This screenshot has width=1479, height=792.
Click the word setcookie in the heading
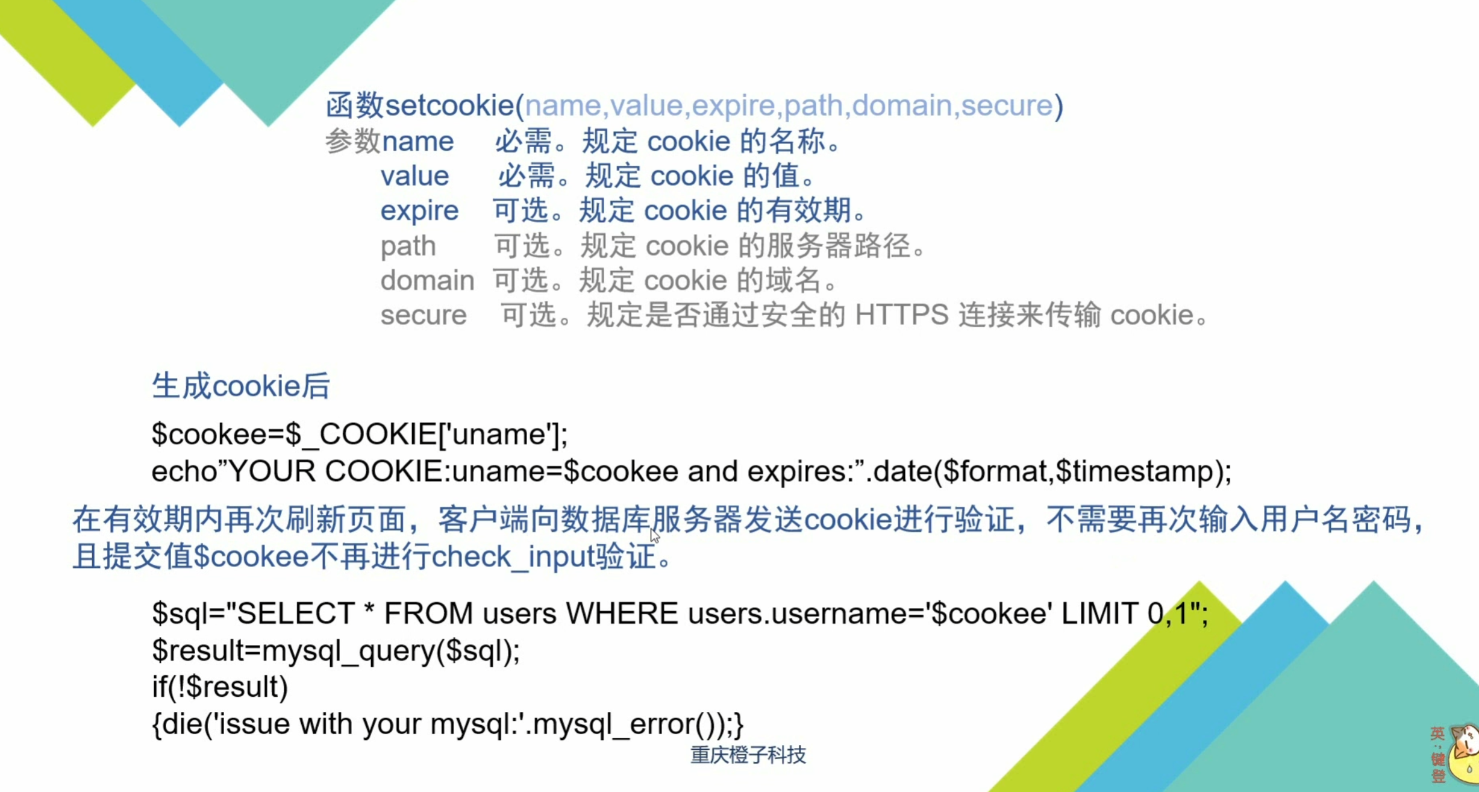click(x=449, y=105)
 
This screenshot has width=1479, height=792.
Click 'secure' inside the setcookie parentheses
click(x=1007, y=105)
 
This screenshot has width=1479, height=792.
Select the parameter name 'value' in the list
click(x=414, y=176)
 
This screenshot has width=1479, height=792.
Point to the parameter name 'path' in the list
click(x=408, y=247)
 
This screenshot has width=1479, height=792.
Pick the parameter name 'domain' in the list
click(x=427, y=280)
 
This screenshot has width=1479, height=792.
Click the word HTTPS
click(x=901, y=315)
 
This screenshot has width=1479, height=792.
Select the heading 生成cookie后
click(x=240, y=386)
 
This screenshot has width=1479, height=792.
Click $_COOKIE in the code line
click(x=361, y=435)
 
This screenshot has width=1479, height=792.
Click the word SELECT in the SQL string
click(x=295, y=614)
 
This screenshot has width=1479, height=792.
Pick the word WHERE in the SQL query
click(x=622, y=614)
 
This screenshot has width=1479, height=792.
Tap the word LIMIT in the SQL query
click(x=1099, y=614)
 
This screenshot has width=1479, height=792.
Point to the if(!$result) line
click(x=220, y=687)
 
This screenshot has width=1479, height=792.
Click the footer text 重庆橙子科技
click(x=748, y=755)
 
